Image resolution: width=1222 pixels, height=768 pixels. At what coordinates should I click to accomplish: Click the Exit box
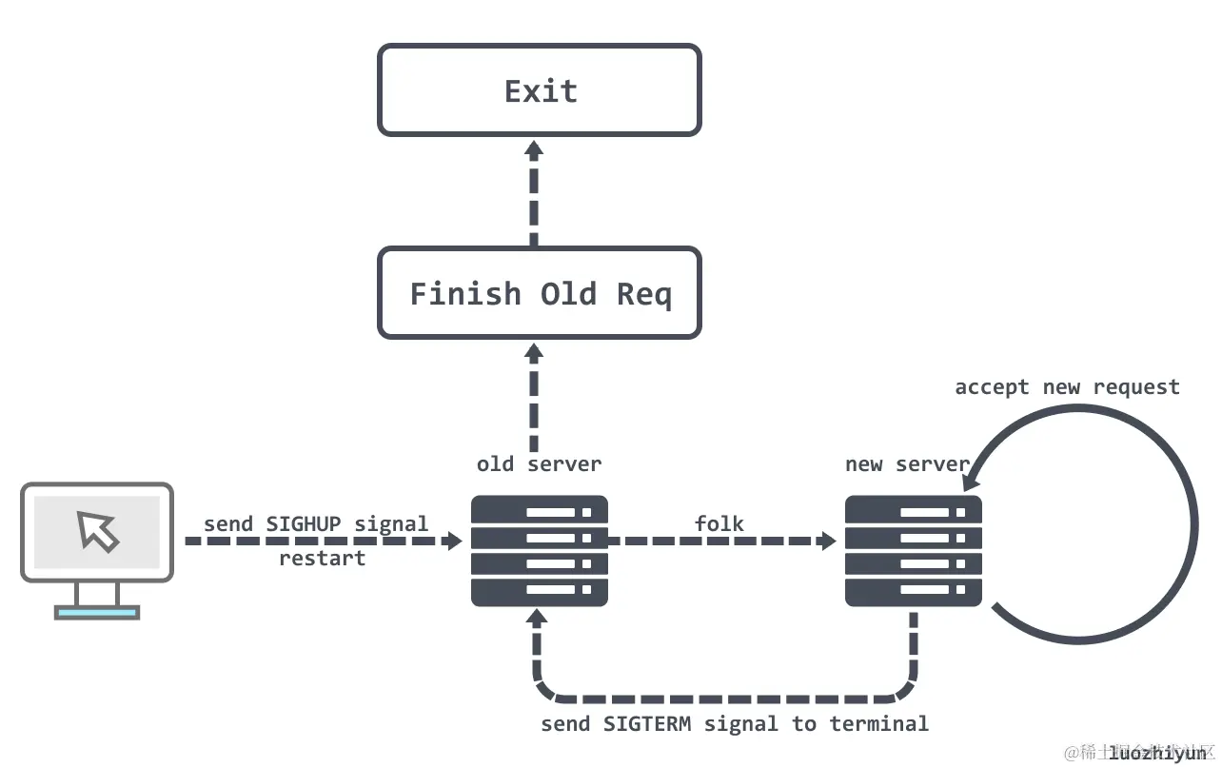click(540, 90)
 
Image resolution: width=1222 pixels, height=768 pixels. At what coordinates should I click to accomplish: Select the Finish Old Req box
click(540, 293)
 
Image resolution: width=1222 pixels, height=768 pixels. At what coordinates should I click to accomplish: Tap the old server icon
click(540, 551)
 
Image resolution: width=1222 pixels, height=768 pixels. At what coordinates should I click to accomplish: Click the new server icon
click(914, 551)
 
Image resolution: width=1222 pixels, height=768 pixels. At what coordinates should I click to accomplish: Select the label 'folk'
click(719, 522)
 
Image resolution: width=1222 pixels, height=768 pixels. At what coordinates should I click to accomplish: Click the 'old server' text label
click(539, 464)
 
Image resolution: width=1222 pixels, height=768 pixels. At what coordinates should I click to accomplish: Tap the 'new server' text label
click(906, 464)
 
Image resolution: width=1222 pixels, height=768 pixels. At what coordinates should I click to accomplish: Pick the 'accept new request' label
click(1067, 386)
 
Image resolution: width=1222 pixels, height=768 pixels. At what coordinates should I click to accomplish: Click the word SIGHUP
click(305, 523)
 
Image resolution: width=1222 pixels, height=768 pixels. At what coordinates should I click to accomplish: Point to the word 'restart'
click(322, 558)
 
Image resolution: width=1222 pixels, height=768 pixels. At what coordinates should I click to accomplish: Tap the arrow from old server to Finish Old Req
click(534, 398)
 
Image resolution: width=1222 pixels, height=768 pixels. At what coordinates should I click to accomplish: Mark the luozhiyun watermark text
click(1157, 753)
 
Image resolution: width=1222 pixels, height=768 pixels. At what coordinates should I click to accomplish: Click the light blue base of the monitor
click(97, 614)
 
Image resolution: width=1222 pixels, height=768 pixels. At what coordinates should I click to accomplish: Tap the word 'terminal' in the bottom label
click(878, 723)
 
